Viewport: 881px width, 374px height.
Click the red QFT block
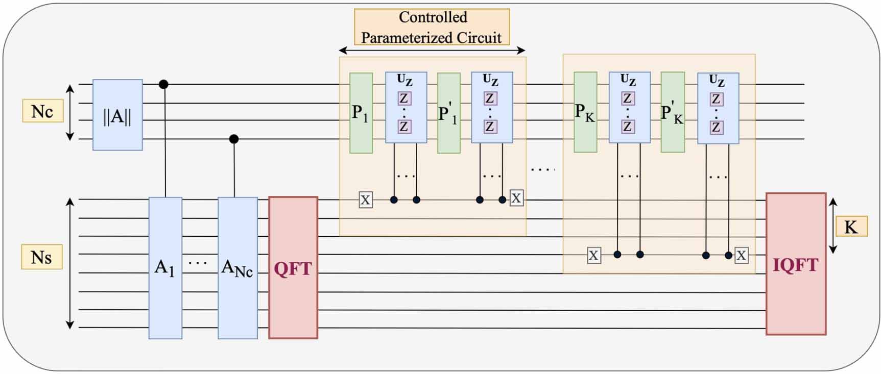tap(293, 267)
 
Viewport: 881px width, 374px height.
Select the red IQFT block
tap(796, 264)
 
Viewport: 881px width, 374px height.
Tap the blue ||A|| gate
tap(117, 115)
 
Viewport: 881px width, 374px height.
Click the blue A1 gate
tap(165, 268)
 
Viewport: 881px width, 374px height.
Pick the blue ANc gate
tap(237, 268)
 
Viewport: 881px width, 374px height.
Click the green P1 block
tap(361, 113)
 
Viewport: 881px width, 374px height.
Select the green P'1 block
tap(449, 113)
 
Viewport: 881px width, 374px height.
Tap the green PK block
tap(585, 112)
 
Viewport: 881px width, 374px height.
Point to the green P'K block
tap(672, 112)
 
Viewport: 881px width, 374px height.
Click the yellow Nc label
tap(43, 111)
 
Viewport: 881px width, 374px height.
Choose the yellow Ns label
tap(41, 257)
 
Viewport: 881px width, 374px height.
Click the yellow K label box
tap(851, 227)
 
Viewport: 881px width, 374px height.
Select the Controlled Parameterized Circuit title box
tap(432, 27)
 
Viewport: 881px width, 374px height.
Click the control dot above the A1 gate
tap(163, 84)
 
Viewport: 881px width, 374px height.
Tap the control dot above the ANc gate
tap(234, 139)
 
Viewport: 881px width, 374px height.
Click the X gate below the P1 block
tap(365, 200)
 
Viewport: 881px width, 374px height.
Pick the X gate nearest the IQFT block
tap(741, 255)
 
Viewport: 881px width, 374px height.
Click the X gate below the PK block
tap(593, 255)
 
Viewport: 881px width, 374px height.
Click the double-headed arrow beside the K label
tap(833, 226)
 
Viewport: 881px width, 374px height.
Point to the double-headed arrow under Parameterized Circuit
tap(432, 50)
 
